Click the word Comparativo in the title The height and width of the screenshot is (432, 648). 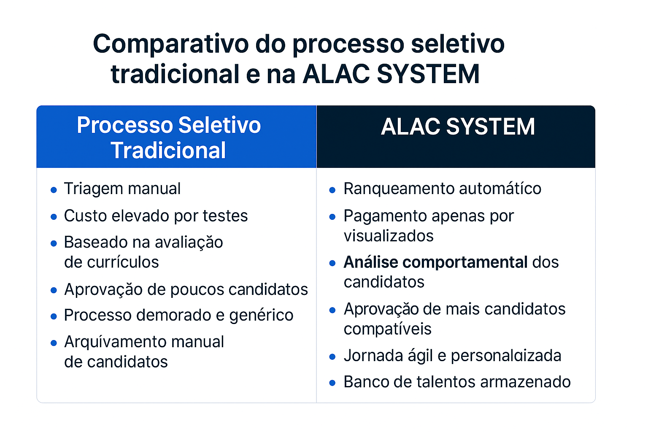pyautogui.click(x=171, y=44)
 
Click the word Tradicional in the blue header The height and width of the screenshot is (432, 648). pyautogui.click(x=168, y=151)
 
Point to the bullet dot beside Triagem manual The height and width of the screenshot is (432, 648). pyautogui.click(x=54, y=190)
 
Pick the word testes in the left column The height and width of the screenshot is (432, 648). pyautogui.click(x=225, y=216)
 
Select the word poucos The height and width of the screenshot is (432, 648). pyautogui.click(x=197, y=290)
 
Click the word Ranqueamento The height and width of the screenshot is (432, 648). pyautogui.click(x=399, y=189)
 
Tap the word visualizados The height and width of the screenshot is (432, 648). pyautogui.click(x=389, y=236)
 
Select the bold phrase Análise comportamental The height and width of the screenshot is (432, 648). pyautogui.click(x=435, y=262)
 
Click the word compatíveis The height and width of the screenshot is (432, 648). pyautogui.click(x=387, y=329)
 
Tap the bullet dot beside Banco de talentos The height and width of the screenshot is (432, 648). pyautogui.click(x=332, y=383)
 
